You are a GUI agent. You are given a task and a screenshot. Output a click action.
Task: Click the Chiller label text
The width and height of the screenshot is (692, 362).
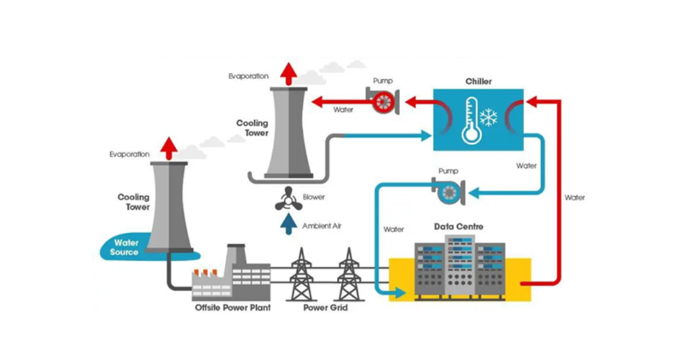[x=479, y=81]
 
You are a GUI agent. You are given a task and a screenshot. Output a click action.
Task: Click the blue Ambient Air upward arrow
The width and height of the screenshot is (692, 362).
[x=286, y=223]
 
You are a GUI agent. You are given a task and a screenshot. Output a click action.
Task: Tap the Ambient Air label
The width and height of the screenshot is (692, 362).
[x=322, y=226]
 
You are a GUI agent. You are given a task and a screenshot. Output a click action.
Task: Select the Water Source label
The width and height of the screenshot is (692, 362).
[x=125, y=247]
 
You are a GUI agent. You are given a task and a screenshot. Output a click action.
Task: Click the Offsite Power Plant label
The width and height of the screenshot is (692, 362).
[x=232, y=308]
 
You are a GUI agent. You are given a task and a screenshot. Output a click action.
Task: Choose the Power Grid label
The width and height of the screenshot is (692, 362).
[x=325, y=308]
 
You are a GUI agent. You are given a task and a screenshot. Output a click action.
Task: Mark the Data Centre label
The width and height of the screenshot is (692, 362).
[x=458, y=227]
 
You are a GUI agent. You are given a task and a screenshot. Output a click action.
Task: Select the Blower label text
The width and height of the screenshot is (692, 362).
[x=314, y=197]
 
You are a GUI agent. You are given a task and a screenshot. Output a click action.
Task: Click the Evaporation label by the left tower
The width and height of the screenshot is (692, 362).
[x=130, y=154]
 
